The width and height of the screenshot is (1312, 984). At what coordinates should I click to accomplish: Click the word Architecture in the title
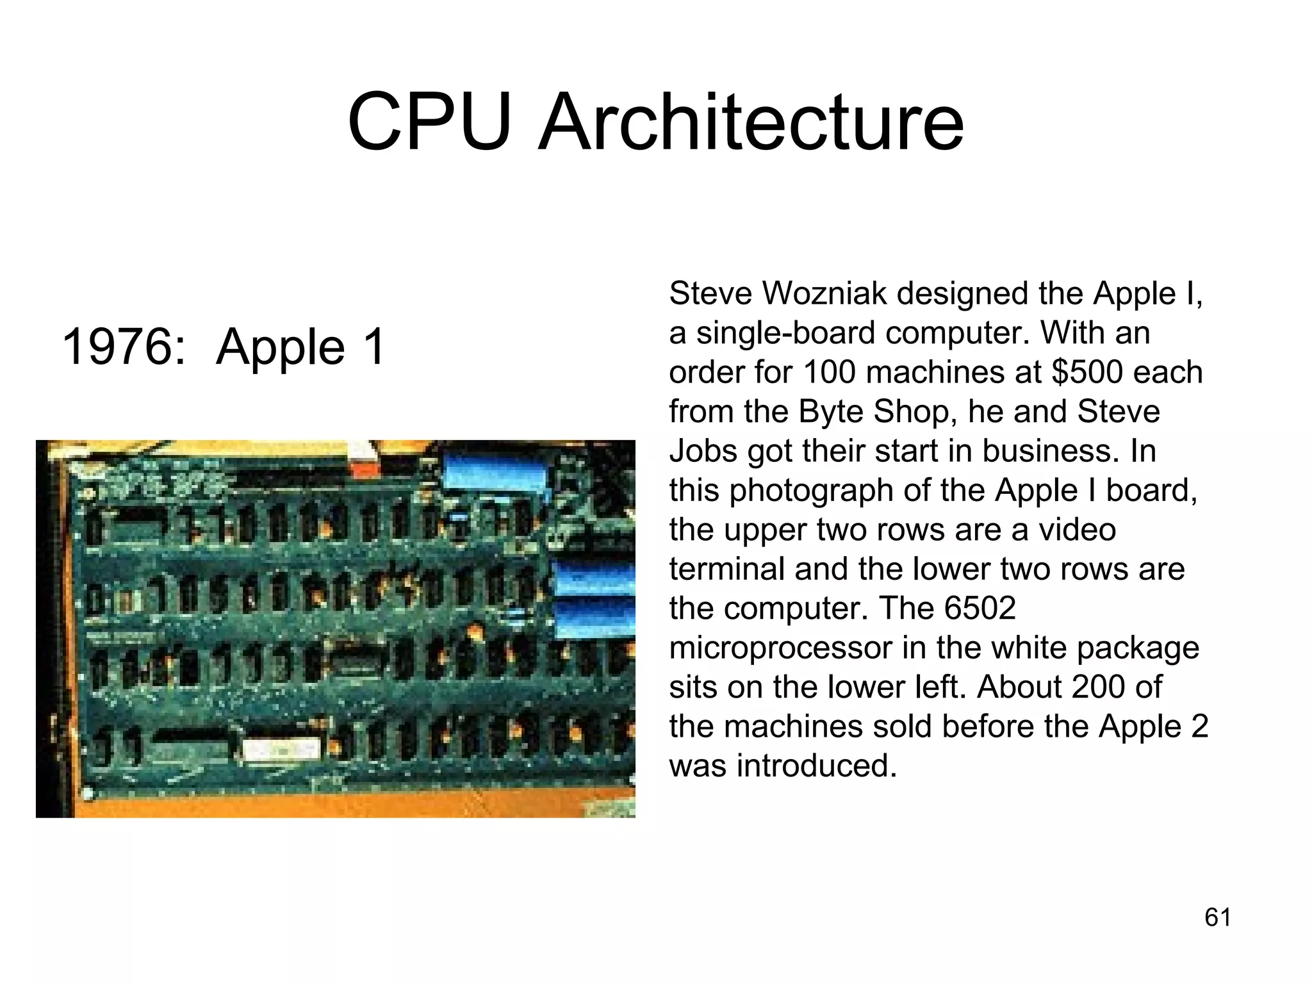coord(750,122)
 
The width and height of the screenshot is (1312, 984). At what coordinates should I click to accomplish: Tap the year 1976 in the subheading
coord(117,347)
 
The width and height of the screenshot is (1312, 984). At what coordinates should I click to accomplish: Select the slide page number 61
coord(1218,917)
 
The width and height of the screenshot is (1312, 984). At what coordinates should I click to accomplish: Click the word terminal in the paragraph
coord(726,569)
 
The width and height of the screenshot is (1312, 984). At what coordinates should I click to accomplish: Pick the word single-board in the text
coord(785,333)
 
